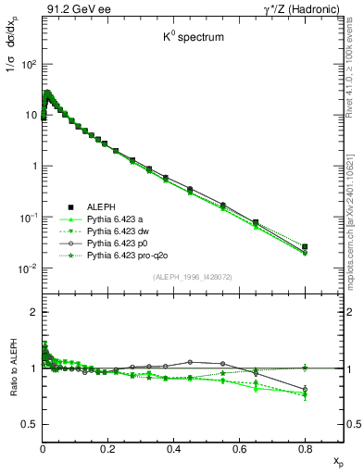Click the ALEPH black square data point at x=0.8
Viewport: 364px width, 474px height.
click(305, 247)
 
